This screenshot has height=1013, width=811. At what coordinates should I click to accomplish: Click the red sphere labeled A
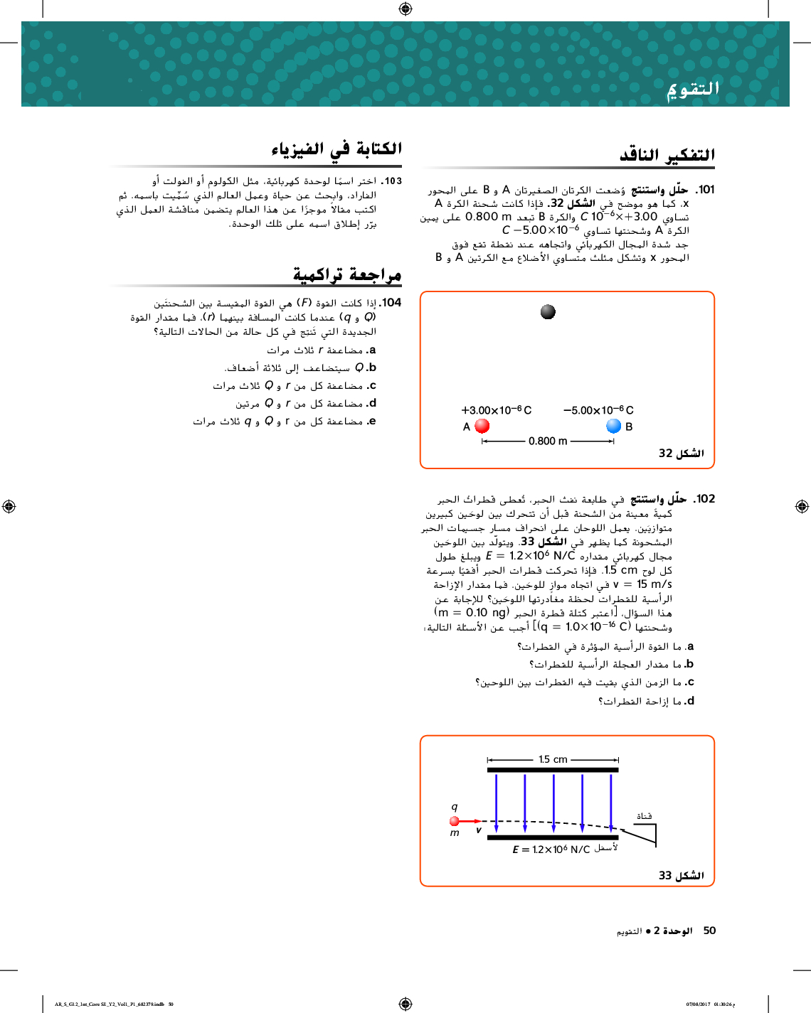pyautogui.click(x=482, y=426)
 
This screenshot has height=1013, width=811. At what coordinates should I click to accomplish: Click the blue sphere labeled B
pyautogui.click(x=614, y=426)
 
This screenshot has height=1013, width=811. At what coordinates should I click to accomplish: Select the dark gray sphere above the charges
pyautogui.click(x=548, y=312)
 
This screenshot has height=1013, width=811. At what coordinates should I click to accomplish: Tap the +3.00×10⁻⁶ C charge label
pyautogui.click(x=496, y=410)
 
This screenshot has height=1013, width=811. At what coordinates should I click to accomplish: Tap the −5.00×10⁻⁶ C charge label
pyautogui.click(x=598, y=410)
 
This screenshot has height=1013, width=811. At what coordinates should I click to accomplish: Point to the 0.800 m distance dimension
pyautogui.click(x=548, y=441)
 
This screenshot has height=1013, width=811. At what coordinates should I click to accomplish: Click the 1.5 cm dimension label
pyautogui.click(x=553, y=759)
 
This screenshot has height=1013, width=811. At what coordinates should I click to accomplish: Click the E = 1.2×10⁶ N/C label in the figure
pyautogui.click(x=551, y=849)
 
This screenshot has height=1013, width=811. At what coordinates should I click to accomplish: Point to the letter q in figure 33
pyautogui.click(x=455, y=807)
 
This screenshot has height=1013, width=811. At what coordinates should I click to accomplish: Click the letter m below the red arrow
pyautogui.click(x=455, y=833)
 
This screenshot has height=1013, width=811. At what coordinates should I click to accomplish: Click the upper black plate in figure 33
pyautogui.click(x=553, y=770)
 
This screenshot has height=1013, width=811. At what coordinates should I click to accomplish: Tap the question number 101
pyautogui.click(x=705, y=190)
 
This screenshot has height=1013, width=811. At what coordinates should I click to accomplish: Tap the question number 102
pyautogui.click(x=705, y=499)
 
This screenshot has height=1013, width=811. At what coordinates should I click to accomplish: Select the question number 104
pyautogui.click(x=391, y=303)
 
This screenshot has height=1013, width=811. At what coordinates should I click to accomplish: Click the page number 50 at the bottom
pyautogui.click(x=709, y=931)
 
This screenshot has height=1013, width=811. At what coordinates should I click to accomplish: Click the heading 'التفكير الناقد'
pyautogui.click(x=667, y=154)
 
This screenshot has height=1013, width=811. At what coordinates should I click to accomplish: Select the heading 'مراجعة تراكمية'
pyautogui.click(x=347, y=274)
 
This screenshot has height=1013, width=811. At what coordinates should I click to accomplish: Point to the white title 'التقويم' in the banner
pyautogui.click(x=693, y=89)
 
